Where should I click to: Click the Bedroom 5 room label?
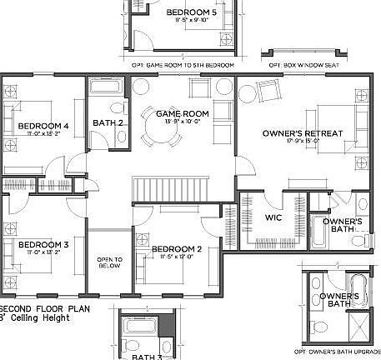[191, 12]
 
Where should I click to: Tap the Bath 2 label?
[108, 123]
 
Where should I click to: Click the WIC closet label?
[274, 217]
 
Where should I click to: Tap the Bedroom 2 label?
[176, 249]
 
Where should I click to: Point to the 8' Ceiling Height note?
[38, 317]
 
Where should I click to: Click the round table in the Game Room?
[159, 131]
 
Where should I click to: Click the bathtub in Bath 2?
[107, 89]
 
